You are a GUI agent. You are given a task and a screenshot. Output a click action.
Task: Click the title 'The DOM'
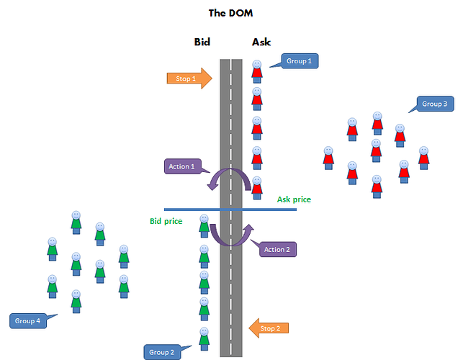click(230, 13)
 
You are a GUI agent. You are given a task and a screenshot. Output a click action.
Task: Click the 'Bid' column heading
click(202, 42)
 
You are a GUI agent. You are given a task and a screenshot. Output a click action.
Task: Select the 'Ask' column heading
click(261, 42)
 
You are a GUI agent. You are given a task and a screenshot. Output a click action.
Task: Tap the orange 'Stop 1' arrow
click(189, 78)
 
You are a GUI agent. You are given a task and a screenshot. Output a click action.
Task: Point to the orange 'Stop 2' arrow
click(269, 328)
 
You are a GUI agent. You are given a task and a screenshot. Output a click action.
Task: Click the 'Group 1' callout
click(300, 60)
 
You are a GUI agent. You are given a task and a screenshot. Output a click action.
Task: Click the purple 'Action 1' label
click(183, 166)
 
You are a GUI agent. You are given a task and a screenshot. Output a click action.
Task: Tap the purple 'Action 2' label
click(277, 249)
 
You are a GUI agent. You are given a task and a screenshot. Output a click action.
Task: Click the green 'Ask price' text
click(294, 199)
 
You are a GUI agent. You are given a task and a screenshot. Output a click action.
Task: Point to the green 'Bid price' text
click(166, 221)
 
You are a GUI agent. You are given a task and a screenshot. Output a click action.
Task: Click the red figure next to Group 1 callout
click(257, 71)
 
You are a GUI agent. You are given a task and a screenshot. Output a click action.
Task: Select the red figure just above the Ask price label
click(257, 188)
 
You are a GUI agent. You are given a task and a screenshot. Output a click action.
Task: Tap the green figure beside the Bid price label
click(204, 226)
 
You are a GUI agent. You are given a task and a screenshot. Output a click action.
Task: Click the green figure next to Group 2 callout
click(204, 338)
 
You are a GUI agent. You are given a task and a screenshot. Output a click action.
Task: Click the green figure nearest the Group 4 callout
click(76, 302)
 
